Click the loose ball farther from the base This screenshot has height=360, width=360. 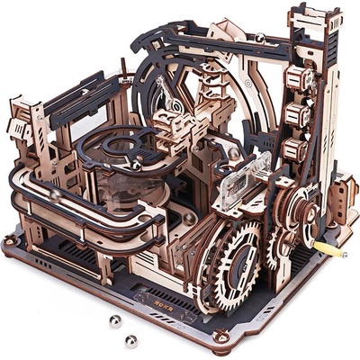[115, 321]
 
